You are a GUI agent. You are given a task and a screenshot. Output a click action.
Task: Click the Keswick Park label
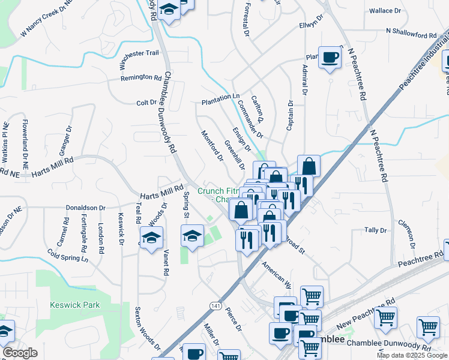tap(75, 305)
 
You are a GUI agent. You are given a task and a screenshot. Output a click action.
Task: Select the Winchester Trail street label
tap(139, 53)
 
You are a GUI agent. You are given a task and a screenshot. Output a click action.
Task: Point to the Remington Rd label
tap(141, 78)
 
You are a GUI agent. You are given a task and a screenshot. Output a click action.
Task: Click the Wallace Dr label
tap(385, 11)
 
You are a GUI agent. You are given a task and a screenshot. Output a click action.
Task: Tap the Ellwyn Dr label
tap(311, 26)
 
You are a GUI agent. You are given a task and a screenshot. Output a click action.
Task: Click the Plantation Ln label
tap(220, 97)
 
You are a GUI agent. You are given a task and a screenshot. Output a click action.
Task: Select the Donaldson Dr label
tap(86, 208)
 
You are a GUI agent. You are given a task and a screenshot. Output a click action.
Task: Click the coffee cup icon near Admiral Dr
tap(330, 58)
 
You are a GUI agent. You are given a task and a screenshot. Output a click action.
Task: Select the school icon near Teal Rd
tap(151, 238)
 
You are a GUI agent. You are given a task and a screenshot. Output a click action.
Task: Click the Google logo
tap(20, 353)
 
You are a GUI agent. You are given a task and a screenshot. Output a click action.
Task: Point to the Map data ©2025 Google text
tap(411, 355)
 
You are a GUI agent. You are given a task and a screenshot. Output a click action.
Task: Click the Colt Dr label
tap(146, 103)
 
